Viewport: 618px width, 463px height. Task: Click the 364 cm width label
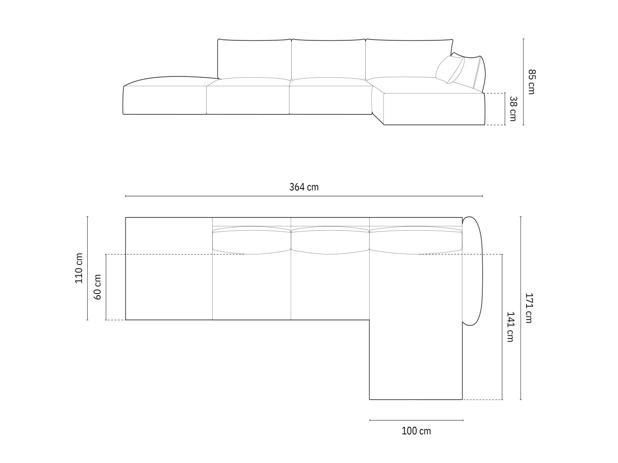(x=304, y=187)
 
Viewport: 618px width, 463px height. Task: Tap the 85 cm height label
(x=531, y=82)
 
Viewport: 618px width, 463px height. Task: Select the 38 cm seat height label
(x=513, y=109)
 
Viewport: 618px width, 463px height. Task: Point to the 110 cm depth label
(x=79, y=268)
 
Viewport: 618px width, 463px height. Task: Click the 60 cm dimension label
(x=98, y=287)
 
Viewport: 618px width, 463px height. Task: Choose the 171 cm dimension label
(x=528, y=308)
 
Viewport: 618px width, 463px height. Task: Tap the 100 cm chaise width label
(x=416, y=431)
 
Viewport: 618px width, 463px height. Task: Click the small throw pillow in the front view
(x=450, y=69)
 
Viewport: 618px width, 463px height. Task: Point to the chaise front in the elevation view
(x=434, y=109)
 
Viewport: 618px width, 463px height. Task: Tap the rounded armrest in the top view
(x=473, y=272)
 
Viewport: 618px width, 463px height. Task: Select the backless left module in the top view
(x=169, y=268)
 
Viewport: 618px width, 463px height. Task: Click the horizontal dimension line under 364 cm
(x=304, y=196)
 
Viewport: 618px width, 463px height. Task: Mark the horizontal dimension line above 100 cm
(x=416, y=420)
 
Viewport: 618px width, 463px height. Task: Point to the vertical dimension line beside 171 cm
(x=521, y=308)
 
